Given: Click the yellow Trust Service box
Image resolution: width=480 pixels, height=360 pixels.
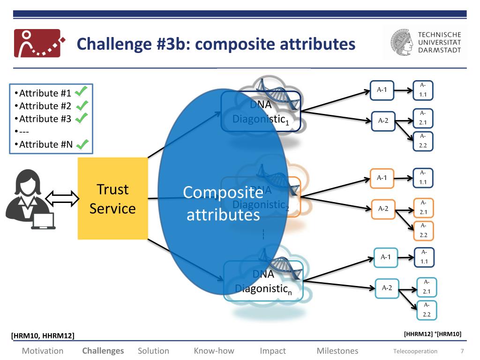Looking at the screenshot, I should coord(112,198).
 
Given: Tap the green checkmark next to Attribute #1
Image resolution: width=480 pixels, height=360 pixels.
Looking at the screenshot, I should coord(81,91).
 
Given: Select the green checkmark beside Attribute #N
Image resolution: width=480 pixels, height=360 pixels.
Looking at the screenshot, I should coord(82,144).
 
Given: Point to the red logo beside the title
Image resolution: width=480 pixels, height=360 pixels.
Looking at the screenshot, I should coord(37,43).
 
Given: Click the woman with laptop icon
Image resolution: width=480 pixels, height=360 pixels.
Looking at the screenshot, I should coord(30,200).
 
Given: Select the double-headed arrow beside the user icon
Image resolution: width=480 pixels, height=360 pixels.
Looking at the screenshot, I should coord(62,198).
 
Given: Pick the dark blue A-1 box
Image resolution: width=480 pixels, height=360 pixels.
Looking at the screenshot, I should coord(382,90).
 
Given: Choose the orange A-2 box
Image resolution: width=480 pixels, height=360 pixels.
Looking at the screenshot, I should coord(383,209).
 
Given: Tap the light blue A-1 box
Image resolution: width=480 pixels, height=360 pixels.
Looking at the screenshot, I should coord(386,257).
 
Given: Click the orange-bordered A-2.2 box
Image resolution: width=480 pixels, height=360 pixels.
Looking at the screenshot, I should coord(423,231).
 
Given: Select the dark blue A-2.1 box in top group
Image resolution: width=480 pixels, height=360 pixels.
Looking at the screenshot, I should coord(423,118).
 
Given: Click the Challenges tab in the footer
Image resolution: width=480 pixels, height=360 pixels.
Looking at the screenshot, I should coord(103,351).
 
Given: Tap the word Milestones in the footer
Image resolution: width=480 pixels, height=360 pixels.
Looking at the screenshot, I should coord(337,351).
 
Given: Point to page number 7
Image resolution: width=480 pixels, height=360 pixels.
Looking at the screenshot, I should coord(462,351).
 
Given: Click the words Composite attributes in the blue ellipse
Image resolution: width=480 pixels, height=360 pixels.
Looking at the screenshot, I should coord(223,203).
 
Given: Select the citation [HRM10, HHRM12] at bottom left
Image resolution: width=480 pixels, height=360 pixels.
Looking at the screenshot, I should coord(43,335).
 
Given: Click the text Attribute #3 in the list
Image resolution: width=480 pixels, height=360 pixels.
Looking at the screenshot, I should coord(45,119).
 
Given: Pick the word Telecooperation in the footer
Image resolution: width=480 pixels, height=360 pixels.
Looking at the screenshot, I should coord(415,351).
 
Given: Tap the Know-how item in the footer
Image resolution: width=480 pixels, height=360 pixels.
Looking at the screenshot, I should coord(214,351).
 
